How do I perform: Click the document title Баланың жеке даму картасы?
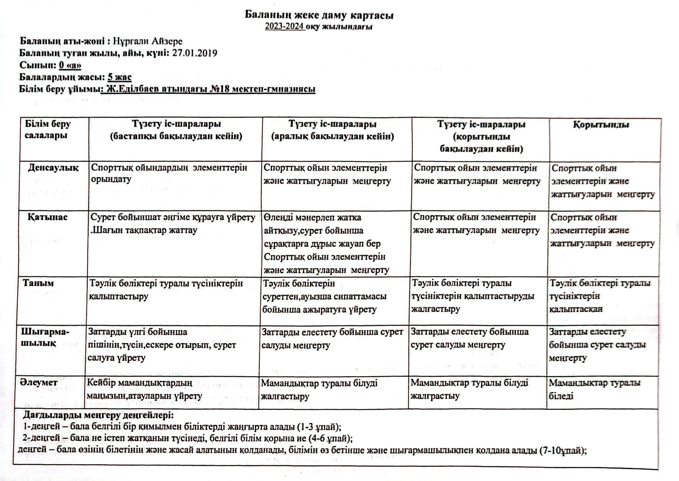click(319, 15)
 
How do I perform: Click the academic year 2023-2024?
click(284, 27)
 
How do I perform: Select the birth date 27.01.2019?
click(195, 53)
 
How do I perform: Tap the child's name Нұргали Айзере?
click(148, 41)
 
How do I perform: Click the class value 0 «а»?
click(70, 65)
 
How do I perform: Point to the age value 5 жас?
click(119, 77)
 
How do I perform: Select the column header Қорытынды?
click(601, 125)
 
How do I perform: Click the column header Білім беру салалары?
click(47, 130)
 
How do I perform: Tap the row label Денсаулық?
click(53, 168)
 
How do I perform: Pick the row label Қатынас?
click(47, 217)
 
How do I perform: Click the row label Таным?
click(38, 283)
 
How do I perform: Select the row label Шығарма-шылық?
click(45, 337)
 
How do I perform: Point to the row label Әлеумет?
click(40, 383)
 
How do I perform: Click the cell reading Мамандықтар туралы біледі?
click(594, 389)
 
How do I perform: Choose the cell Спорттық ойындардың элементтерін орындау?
click(169, 173)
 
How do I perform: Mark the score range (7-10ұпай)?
click(563, 451)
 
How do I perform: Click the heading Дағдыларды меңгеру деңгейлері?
click(98, 415)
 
